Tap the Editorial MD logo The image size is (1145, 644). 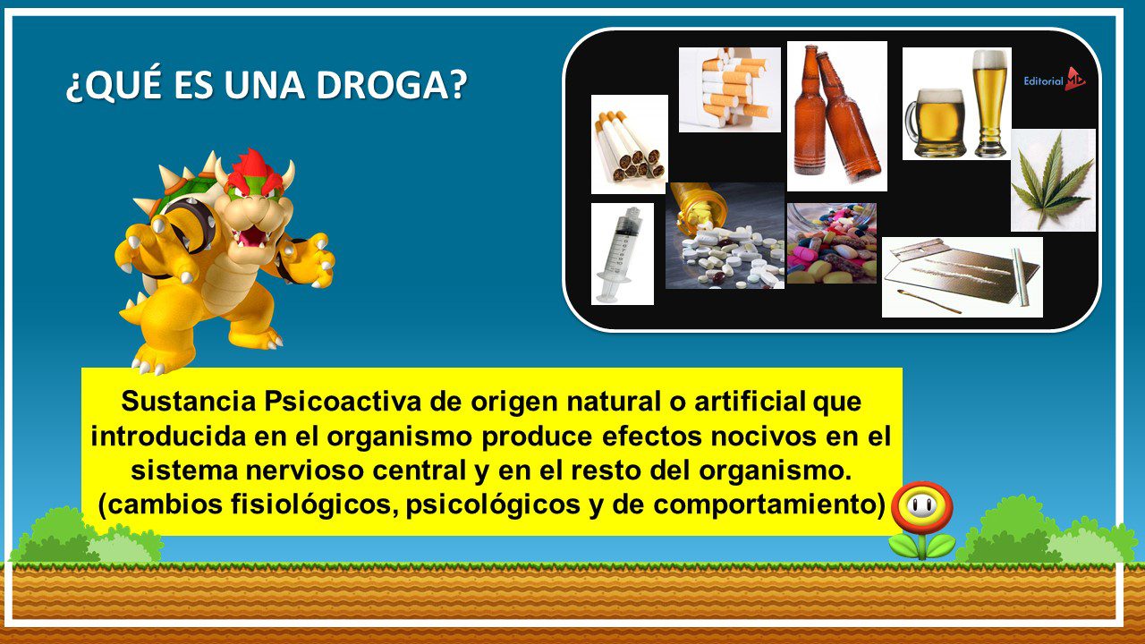click(1054, 80)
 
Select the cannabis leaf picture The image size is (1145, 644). click(1053, 180)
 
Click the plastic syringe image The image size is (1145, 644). click(622, 254)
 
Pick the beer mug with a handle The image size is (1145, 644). click(936, 123)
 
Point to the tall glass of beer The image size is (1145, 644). click(990, 103)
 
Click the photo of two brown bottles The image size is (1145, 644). click(836, 116)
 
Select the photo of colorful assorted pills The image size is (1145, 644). click(832, 243)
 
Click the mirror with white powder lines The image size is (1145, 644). click(962, 277)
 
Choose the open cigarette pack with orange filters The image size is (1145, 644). click(729, 90)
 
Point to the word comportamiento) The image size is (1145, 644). click(768, 505)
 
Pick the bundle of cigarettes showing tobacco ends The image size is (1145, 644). click(629, 144)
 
